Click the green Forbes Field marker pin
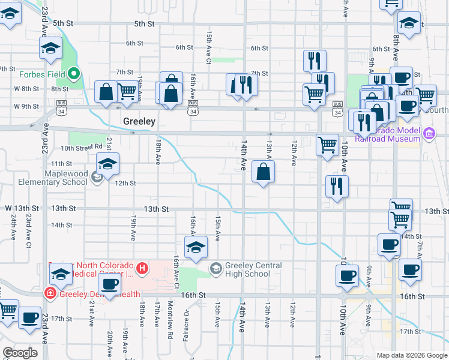point(74,74)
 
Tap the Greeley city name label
point(139,121)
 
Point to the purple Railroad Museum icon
point(429,133)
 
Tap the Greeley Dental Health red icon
point(50,293)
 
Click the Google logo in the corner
point(20,352)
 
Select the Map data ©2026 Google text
point(412,355)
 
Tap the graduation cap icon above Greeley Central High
point(196,247)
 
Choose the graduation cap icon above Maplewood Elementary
point(107,164)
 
